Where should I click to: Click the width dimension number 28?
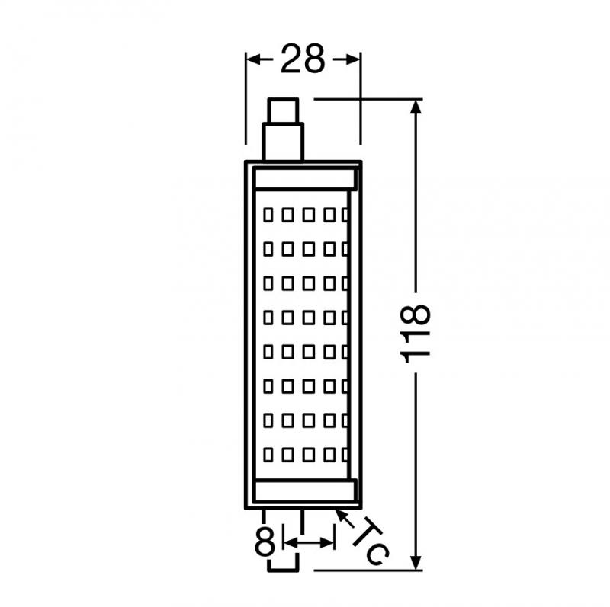(x=303, y=59)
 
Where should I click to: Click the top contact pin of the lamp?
(x=284, y=129)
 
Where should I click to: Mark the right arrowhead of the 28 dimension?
(x=352, y=59)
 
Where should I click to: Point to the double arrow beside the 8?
(x=308, y=542)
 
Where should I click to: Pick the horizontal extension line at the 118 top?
(x=366, y=99)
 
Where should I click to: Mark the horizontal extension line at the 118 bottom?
(x=366, y=570)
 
